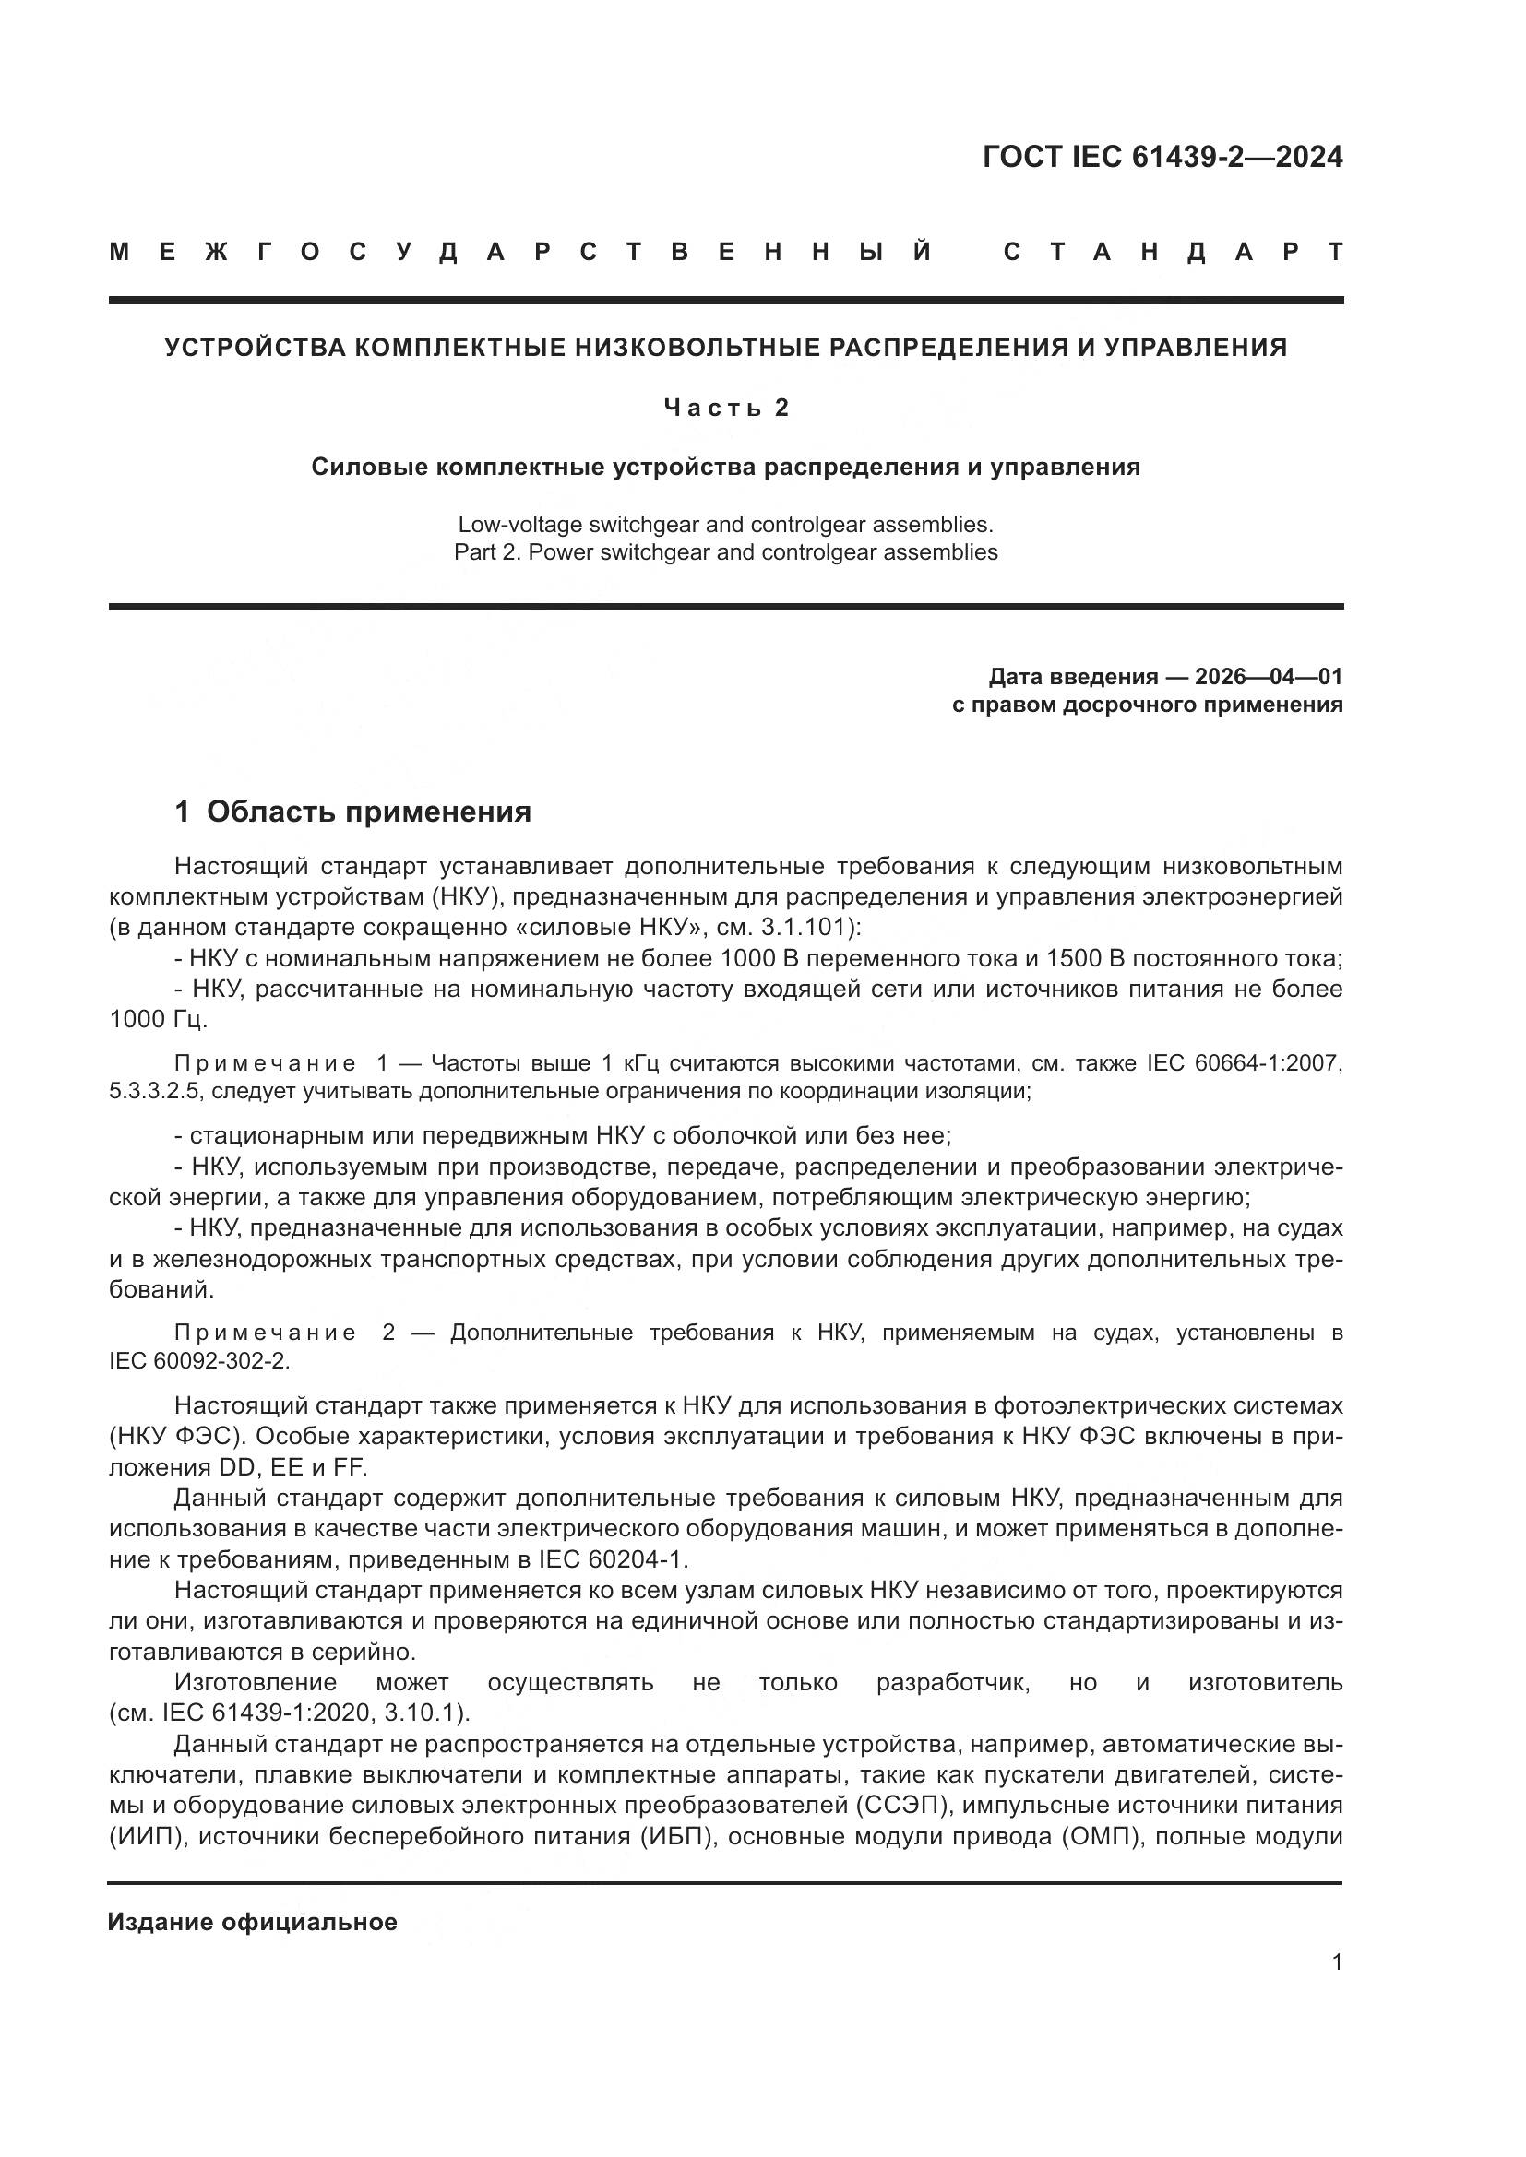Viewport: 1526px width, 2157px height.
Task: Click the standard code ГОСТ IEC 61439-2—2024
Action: [1162, 157]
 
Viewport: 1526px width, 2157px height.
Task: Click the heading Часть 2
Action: [725, 407]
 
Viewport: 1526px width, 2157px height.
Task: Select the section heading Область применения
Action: [368, 812]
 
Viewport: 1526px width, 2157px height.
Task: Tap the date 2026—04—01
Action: [1268, 676]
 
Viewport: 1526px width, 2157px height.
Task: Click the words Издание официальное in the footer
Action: [252, 1922]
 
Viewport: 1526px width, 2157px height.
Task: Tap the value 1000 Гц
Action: [159, 1020]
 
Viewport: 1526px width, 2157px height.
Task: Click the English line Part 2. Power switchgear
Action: [725, 552]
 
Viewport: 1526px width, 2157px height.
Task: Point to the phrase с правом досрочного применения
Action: [1147, 705]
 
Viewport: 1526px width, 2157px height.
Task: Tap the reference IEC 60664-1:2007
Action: [1244, 1063]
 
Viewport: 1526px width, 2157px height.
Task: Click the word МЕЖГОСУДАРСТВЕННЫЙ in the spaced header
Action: [521, 253]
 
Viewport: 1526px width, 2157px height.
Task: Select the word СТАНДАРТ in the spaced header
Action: [1173, 253]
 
